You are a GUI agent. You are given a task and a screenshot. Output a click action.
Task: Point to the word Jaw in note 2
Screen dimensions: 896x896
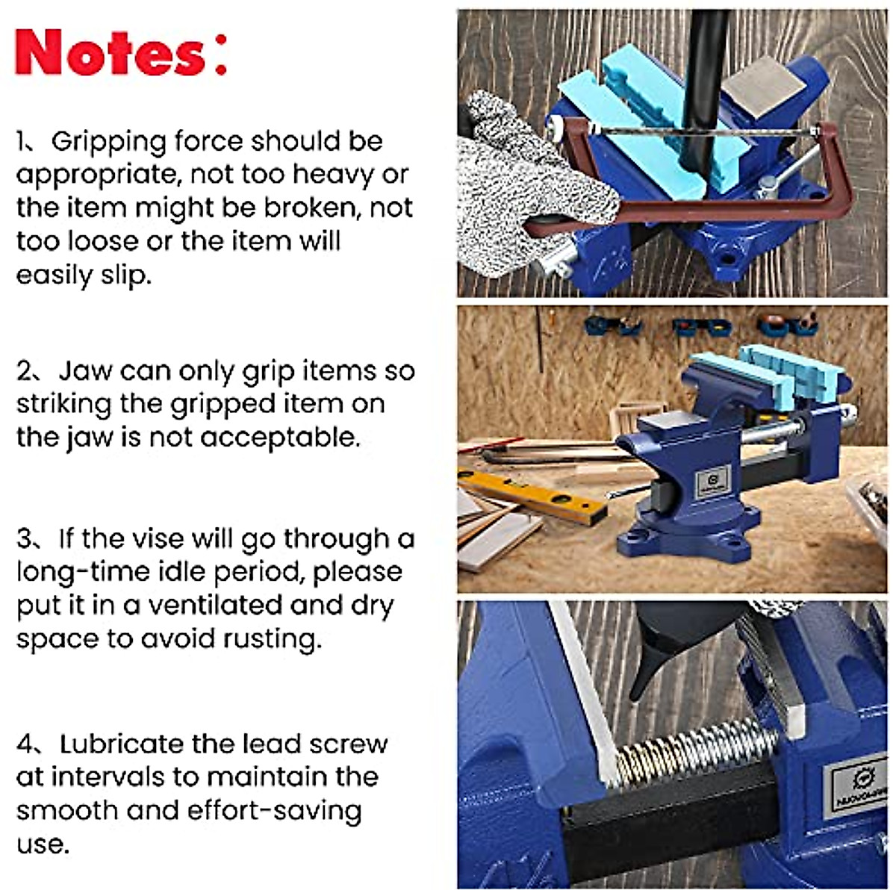point(86,370)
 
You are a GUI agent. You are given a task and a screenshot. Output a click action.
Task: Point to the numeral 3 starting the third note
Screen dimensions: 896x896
point(24,538)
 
